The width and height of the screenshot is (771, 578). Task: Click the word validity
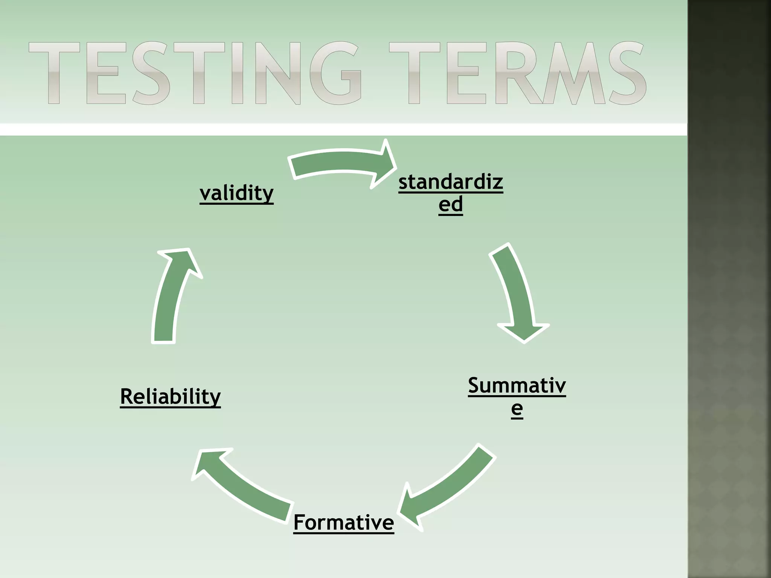point(236,193)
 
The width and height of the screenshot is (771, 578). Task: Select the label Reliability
point(170,396)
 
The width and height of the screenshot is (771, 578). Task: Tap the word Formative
point(343,522)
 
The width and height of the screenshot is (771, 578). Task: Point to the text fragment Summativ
point(517,385)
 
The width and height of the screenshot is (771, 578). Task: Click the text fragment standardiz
point(451,182)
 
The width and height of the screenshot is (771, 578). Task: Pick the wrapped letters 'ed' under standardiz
point(451,204)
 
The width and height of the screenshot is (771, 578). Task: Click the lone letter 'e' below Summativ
point(517,408)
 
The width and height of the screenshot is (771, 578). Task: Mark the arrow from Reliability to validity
point(169,297)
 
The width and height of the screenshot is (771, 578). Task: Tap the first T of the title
point(55,73)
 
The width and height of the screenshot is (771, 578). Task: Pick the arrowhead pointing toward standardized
point(384,164)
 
